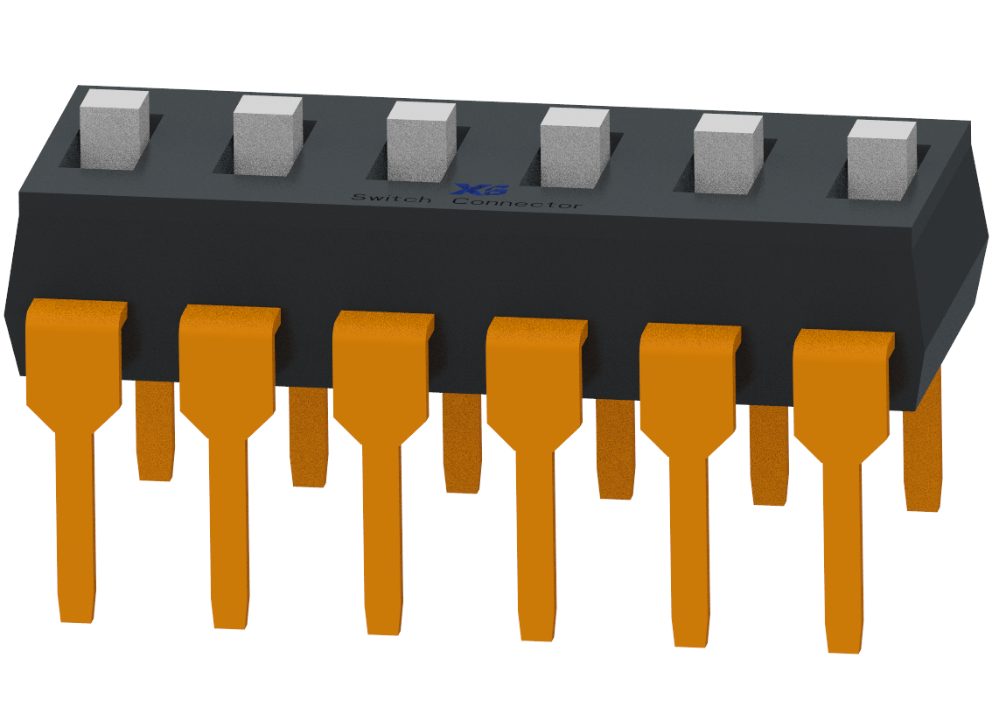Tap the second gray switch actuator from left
[267, 137]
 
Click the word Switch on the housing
[391, 199]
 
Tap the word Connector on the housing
[516, 203]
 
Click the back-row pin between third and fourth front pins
[462, 443]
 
